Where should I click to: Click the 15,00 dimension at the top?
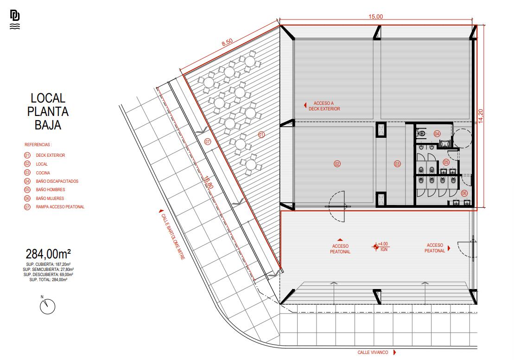375,17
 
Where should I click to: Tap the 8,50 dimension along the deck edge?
227,42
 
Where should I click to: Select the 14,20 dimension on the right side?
480,116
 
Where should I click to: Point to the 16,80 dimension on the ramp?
209,182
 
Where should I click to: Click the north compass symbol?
47,306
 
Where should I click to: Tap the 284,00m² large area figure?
48,254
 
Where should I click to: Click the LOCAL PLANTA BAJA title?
48,112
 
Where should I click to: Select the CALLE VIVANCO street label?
373,353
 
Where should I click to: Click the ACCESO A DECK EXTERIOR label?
324,106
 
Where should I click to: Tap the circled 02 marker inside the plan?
337,164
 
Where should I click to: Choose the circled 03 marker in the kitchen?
397,164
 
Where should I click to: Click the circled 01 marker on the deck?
261,135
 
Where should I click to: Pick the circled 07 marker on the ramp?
208,142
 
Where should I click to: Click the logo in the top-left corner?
15,19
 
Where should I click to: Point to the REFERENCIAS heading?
38,145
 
